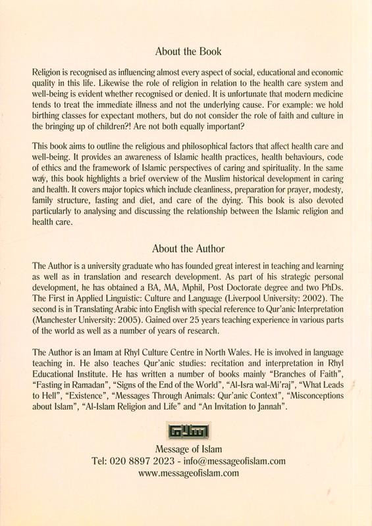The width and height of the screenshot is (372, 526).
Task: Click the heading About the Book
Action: (x=188, y=51)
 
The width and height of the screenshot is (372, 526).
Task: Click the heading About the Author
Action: (x=188, y=248)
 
